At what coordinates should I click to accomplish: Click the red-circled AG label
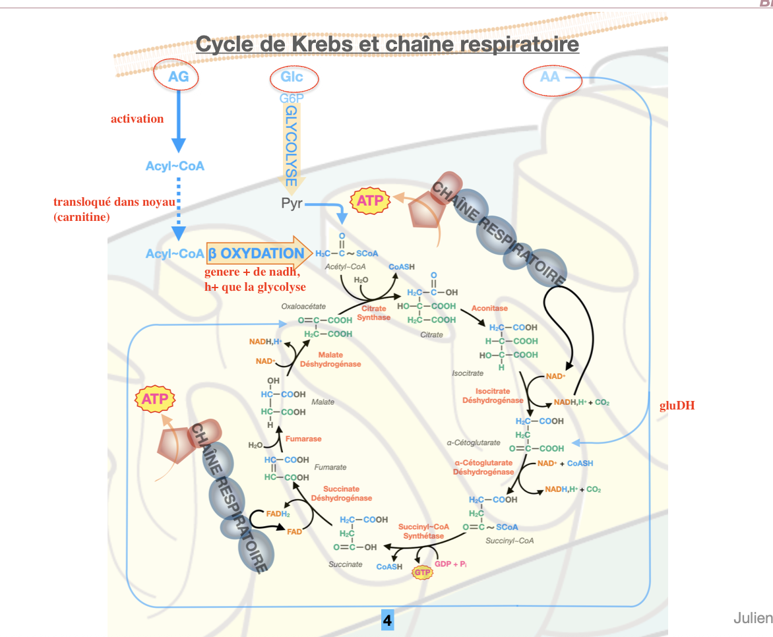click(x=178, y=76)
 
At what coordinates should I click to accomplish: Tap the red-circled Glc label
click(x=292, y=77)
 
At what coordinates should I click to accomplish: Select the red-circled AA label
click(x=550, y=77)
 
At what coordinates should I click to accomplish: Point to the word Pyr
click(x=292, y=203)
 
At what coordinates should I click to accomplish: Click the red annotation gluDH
click(x=677, y=406)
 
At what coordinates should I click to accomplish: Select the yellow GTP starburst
click(x=422, y=572)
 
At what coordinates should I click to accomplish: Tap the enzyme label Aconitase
click(x=489, y=309)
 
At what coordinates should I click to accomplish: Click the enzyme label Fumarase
click(x=303, y=439)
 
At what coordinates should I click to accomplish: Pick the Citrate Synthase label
click(x=374, y=313)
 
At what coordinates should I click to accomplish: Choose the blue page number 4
click(x=387, y=621)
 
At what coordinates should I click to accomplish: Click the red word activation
click(x=137, y=119)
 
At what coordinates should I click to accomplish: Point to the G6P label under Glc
click(x=292, y=99)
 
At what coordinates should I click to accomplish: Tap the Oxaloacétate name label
click(x=303, y=306)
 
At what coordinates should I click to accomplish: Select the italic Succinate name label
click(x=346, y=564)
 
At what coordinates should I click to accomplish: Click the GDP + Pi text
click(x=451, y=564)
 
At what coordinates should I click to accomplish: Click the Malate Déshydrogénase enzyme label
click(x=330, y=359)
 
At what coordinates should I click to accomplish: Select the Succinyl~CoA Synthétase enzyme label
click(x=423, y=531)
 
